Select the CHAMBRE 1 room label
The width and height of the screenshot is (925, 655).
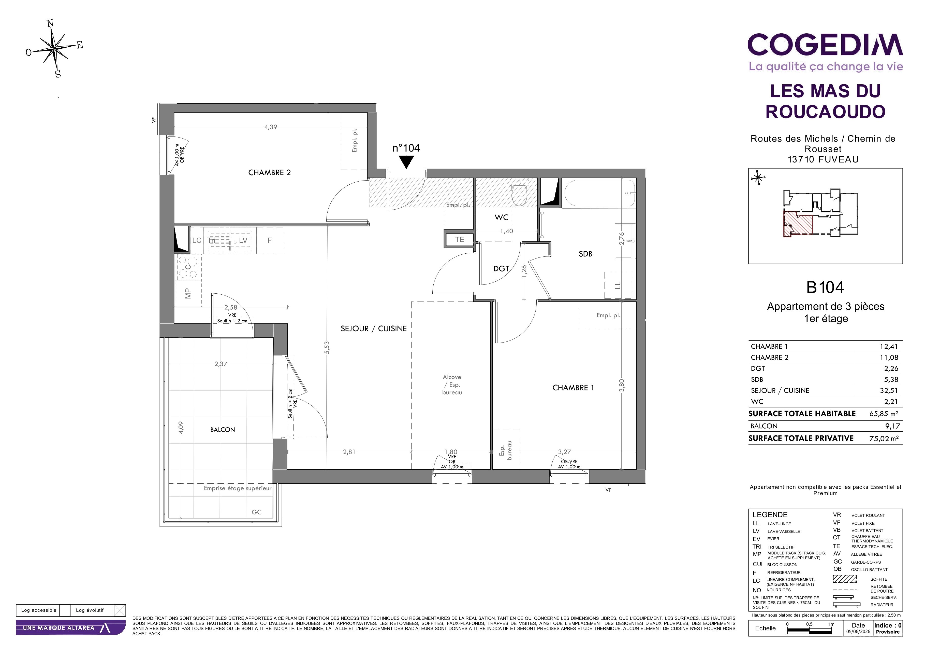pyautogui.click(x=573, y=388)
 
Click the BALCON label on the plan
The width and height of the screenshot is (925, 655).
pyautogui.click(x=222, y=430)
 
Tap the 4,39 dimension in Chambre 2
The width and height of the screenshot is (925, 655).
pyautogui.click(x=271, y=127)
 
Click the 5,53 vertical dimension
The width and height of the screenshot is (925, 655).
pyautogui.click(x=327, y=348)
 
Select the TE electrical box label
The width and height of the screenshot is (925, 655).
pyautogui.click(x=460, y=240)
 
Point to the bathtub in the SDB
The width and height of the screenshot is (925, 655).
pyautogui.click(x=599, y=193)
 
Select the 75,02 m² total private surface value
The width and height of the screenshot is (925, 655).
pyautogui.click(x=884, y=439)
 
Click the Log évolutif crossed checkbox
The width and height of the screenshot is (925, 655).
pyautogui.click(x=120, y=610)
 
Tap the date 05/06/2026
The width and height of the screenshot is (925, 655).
pyautogui.click(x=858, y=632)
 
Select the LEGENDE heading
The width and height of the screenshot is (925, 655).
pyautogui.click(x=770, y=515)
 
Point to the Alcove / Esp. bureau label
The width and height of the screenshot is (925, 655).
pyautogui.click(x=452, y=385)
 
